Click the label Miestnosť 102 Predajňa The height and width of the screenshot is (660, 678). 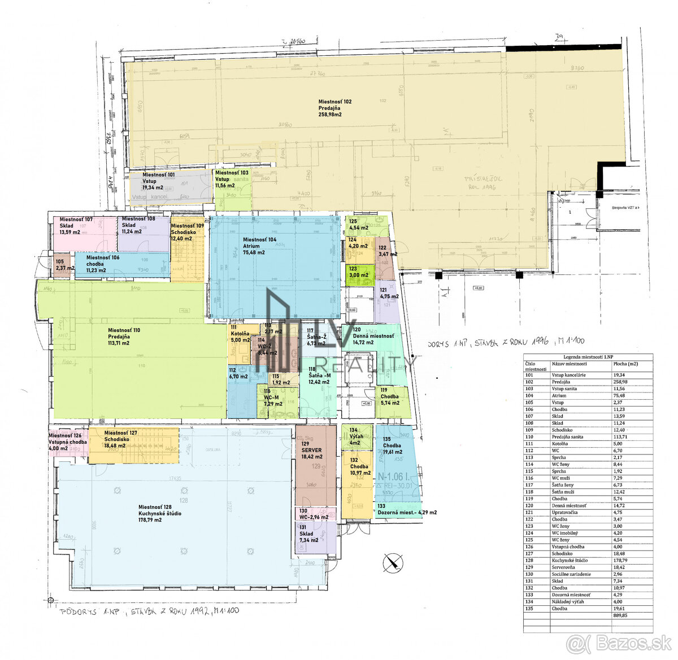334,108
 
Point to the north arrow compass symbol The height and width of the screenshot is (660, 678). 393,561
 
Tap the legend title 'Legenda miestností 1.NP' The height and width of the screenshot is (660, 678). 588,357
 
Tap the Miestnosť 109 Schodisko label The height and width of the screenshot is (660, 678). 187,232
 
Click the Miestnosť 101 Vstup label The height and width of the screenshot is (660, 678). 158,181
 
